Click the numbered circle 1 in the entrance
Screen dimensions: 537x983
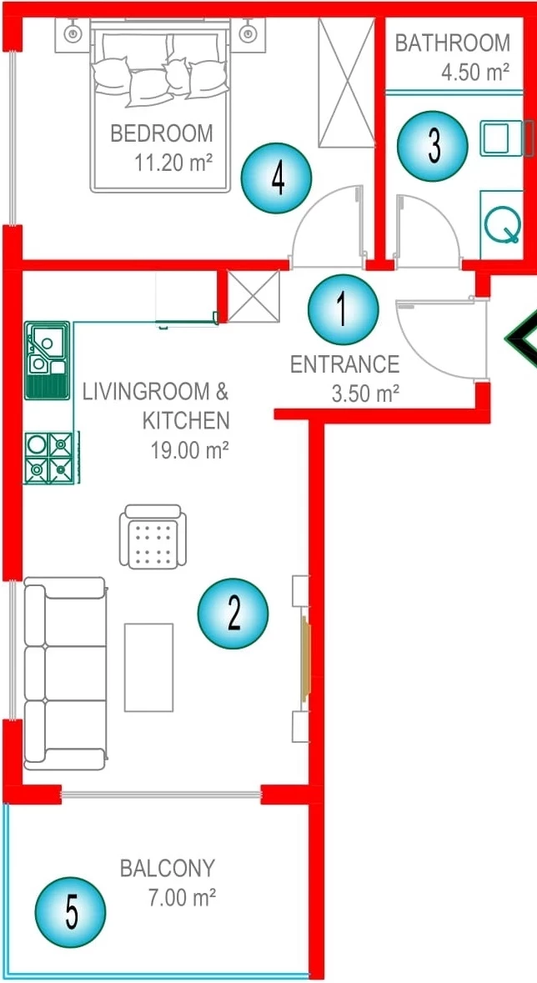(x=344, y=309)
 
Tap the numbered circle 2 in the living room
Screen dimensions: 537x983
(x=233, y=613)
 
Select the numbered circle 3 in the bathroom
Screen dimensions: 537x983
(x=433, y=146)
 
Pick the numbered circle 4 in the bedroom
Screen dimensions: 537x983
(x=277, y=178)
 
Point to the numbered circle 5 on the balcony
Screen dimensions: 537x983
(x=70, y=911)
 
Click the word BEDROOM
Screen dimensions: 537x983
(x=162, y=133)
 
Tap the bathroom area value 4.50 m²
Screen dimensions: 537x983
(x=475, y=72)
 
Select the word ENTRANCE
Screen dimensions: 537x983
(x=344, y=364)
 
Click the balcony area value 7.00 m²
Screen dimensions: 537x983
(x=183, y=898)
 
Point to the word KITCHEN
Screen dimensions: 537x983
(x=186, y=420)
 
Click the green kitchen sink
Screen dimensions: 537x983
(x=47, y=360)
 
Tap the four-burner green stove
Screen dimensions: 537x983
(x=50, y=458)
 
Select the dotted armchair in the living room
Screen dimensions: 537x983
(x=153, y=537)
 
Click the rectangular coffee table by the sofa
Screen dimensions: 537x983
(x=148, y=667)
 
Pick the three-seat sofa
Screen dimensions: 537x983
(x=65, y=674)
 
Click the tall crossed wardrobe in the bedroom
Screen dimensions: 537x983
(x=346, y=83)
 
